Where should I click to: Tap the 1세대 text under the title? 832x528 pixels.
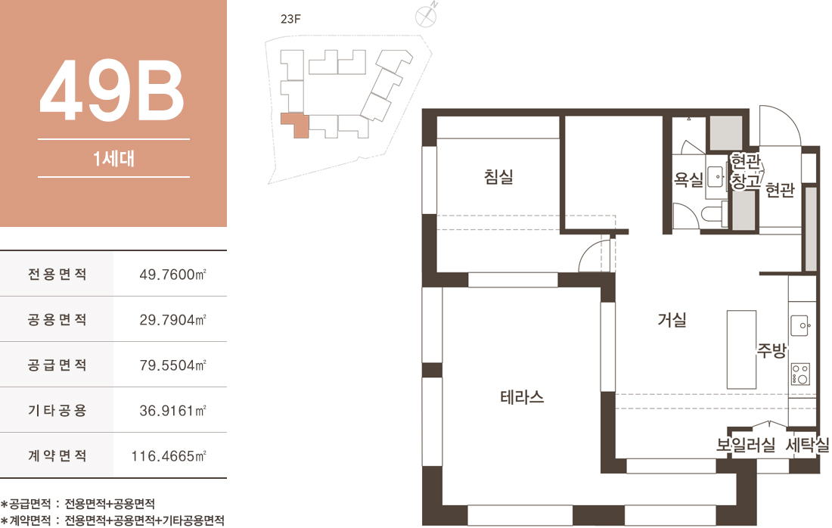tap(113, 158)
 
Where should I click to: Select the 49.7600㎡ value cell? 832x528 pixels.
tap(172, 275)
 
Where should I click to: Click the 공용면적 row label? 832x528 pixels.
tap(57, 319)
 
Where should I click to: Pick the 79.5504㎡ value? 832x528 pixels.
tap(172, 365)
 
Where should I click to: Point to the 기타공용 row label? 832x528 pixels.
tap(57, 410)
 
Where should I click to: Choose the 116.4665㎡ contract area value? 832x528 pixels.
tap(169, 456)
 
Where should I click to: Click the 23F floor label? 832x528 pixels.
tap(290, 19)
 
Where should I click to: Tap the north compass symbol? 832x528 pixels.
tap(426, 15)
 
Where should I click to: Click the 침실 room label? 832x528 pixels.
tap(498, 177)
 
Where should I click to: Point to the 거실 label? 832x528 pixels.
tap(672, 319)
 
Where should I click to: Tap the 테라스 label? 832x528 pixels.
tap(522, 397)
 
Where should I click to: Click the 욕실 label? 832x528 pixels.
tap(688, 180)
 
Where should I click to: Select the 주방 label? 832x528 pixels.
tap(771, 350)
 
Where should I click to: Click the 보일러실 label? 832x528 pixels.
tap(746, 445)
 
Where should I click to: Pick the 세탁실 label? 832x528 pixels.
tap(807, 445)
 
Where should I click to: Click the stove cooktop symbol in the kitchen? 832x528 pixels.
tap(801, 374)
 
